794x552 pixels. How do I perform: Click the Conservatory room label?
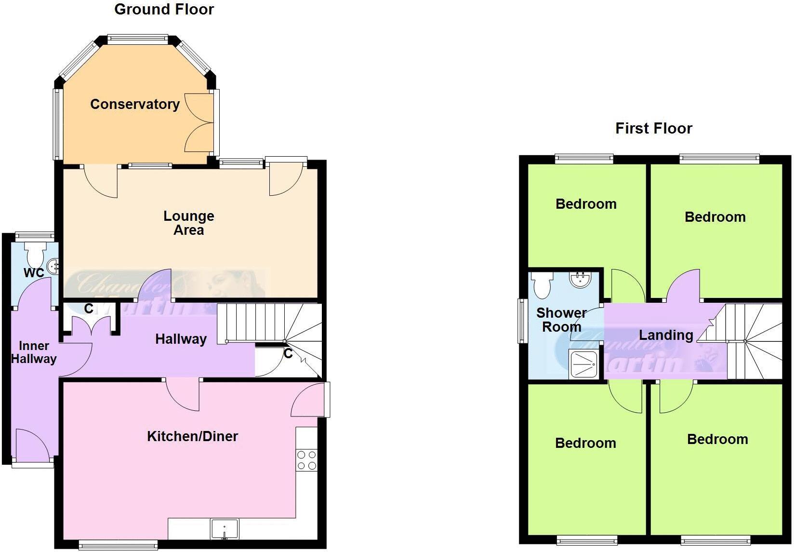[135, 104]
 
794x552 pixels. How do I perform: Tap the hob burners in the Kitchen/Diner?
[306, 460]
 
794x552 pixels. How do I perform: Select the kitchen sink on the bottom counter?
[225, 529]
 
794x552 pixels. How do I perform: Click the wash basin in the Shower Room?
[580, 279]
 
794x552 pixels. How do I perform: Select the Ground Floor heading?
[164, 9]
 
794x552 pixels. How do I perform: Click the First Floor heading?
[653, 128]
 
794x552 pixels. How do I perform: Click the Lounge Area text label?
[188, 223]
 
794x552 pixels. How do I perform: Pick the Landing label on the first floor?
[666, 335]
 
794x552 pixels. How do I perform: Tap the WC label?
[34, 273]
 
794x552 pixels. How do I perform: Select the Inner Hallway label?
[34, 352]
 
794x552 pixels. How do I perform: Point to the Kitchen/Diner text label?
[192, 436]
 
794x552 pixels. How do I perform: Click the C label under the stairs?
[288, 354]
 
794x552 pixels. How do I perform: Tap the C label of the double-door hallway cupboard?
[89, 309]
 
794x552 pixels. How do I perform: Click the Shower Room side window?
[521, 321]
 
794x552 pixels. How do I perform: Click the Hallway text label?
[181, 339]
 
